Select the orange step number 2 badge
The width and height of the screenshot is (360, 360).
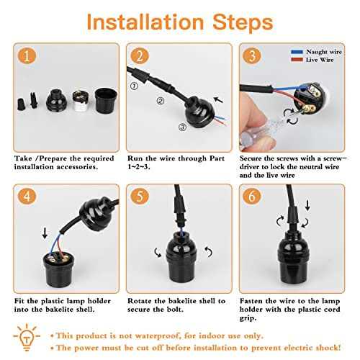tap(140, 55)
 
